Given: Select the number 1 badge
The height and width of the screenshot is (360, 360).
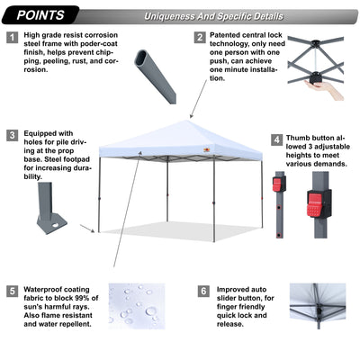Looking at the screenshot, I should (12, 38).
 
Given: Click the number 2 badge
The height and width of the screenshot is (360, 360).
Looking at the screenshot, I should (200, 38).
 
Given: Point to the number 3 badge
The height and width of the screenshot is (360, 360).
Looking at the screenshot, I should (12, 135).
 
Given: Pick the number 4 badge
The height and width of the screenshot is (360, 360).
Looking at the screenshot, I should (276, 140).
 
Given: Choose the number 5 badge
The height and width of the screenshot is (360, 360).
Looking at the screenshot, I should (12, 292).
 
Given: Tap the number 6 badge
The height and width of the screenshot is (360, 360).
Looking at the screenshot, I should (203, 292).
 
